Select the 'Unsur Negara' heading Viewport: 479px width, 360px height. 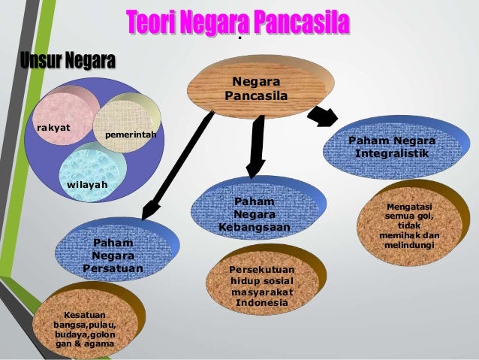68,60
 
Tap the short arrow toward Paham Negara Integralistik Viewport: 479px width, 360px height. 325,116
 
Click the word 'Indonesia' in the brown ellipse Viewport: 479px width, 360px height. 263,303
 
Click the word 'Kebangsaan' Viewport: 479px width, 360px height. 255,227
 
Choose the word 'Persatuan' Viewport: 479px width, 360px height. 113,268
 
